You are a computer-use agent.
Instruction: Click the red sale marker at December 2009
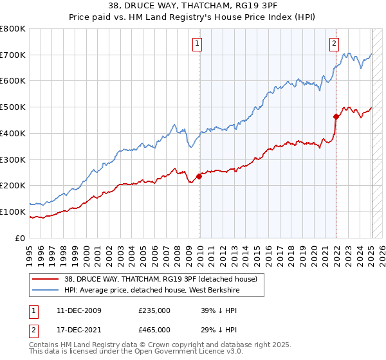point(199,177)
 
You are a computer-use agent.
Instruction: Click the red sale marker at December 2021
point(336,116)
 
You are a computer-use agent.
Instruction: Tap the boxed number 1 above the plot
point(197,44)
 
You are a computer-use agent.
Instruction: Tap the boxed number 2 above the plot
point(335,44)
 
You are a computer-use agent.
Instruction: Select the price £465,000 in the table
point(154,330)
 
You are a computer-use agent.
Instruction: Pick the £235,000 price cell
point(154,310)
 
